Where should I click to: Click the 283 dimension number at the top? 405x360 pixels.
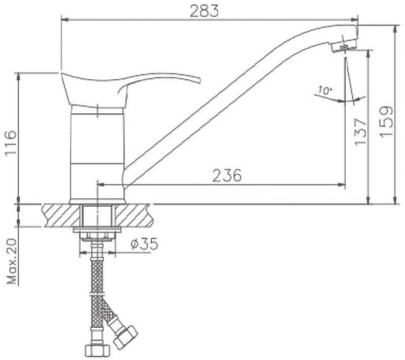[204, 11]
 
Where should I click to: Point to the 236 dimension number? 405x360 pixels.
[227, 175]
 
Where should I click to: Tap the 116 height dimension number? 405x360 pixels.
[11, 142]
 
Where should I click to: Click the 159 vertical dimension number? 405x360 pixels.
[386, 122]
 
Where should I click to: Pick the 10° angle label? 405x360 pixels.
[325, 90]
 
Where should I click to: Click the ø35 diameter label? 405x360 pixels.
[144, 244]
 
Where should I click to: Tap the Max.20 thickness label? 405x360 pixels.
[12, 261]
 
